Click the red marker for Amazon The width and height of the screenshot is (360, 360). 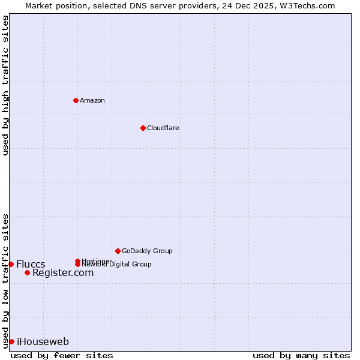coord(76,100)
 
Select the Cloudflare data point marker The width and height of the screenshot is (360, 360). coord(143,128)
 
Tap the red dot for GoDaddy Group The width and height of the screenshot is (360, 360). coord(118,251)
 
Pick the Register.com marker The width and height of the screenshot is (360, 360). coord(27,273)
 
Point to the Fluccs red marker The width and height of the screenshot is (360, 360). coord(11,264)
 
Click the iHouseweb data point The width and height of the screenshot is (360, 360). coord(11,342)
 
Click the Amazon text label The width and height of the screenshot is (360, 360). coord(92,100)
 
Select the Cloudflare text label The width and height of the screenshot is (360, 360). coord(163,128)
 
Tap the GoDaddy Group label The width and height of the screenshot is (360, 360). coord(147,251)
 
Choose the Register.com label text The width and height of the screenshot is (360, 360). coord(63,273)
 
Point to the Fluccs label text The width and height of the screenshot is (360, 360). coord(31,265)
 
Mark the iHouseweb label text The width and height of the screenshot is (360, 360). coord(43,342)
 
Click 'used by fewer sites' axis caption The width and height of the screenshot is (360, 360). coord(62,355)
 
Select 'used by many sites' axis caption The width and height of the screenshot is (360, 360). coord(301,355)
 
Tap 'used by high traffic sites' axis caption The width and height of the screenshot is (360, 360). coord(5,85)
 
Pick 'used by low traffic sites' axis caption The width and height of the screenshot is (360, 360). coord(5,280)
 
